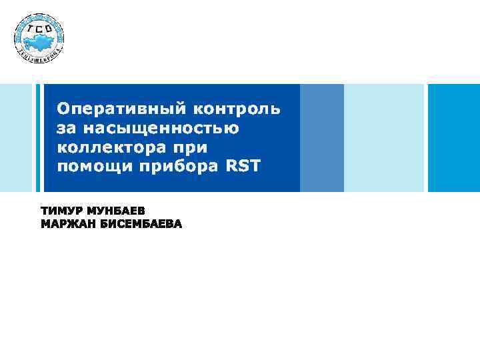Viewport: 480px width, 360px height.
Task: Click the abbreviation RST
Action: (245, 165)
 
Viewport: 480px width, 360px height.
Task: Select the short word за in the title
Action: (66, 127)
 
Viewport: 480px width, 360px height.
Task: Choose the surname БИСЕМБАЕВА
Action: (141, 224)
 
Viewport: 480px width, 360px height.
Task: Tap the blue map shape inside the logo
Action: (39, 40)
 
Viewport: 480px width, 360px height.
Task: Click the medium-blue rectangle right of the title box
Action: (322, 138)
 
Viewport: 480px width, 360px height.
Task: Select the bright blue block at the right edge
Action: (453, 138)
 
